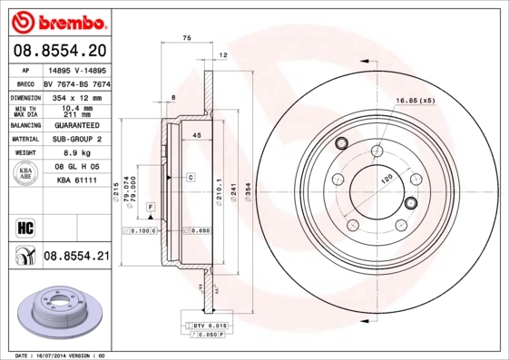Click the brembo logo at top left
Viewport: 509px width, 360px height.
tap(55, 20)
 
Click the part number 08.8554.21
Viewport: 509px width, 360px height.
tap(76, 258)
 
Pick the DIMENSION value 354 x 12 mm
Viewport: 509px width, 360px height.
tap(76, 95)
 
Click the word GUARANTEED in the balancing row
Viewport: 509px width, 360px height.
tap(76, 124)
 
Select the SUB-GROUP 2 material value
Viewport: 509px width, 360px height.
tap(76, 139)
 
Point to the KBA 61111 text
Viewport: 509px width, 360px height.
tap(76, 181)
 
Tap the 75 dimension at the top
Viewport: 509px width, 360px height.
tap(187, 38)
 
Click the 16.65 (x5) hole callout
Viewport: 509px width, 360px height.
tap(415, 100)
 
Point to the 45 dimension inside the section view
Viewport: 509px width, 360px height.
tap(195, 135)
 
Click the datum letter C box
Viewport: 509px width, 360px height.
tap(191, 177)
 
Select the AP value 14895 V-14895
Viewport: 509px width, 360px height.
tap(76, 69)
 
